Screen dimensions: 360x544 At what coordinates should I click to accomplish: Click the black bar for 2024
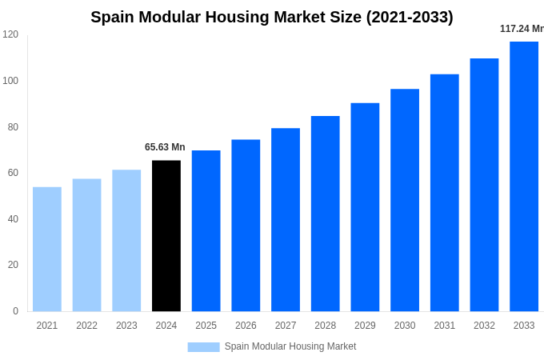pos(166,236)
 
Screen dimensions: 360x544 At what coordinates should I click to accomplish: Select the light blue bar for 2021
pos(47,249)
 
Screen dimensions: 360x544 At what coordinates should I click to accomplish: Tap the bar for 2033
pos(524,176)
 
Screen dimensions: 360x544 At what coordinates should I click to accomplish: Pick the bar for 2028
pos(326,214)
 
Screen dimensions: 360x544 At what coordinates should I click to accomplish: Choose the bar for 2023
pos(126,240)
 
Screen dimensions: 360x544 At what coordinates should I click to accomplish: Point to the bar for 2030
pos(405,200)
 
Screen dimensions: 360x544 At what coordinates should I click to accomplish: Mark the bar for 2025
pos(206,230)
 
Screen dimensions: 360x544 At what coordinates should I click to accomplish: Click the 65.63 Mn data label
pos(165,147)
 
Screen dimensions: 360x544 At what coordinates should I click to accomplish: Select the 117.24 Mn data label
pos(521,29)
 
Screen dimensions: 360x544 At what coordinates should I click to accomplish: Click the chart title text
pos(272,17)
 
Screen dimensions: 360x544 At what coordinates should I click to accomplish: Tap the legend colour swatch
pos(203,346)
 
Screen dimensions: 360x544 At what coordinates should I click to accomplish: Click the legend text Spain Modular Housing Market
pos(290,346)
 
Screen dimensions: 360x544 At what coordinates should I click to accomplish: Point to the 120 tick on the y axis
pos(10,34)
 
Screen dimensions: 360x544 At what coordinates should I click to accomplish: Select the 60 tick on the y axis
pos(13,173)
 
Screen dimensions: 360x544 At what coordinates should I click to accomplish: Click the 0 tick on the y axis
pos(15,311)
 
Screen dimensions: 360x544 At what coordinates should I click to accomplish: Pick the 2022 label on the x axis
pos(86,326)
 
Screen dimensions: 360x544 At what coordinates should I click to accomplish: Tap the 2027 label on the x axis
pos(286,326)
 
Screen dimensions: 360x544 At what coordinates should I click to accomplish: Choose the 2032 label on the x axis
pos(484,326)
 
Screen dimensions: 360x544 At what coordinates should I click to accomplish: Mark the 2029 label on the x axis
pos(365,326)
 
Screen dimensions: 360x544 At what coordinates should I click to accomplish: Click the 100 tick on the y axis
pos(10,81)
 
